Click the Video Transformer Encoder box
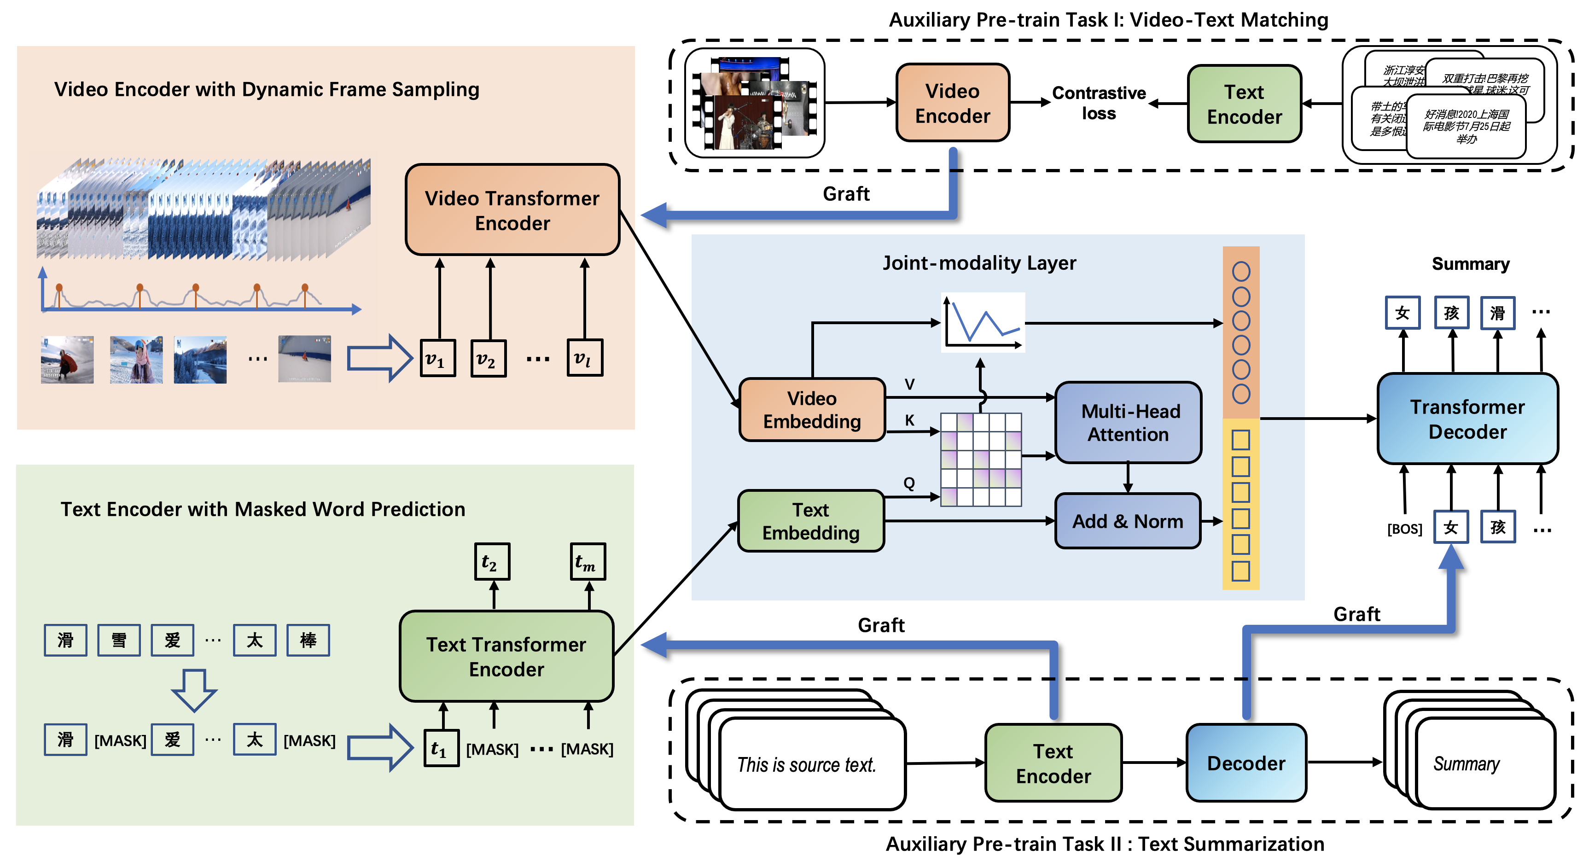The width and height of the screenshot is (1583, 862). pyautogui.click(x=512, y=210)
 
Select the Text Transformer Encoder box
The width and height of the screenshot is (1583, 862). pyautogui.click(x=506, y=656)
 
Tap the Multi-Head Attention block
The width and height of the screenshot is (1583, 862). pyautogui.click(x=1128, y=422)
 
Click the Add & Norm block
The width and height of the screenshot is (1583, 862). pyautogui.click(x=1127, y=521)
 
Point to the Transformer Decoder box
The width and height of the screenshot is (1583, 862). pyautogui.click(x=1467, y=419)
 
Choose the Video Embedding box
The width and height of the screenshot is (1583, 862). pyautogui.click(x=812, y=409)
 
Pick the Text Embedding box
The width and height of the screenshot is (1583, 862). pyautogui.click(x=810, y=521)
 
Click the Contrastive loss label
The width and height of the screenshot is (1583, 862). pyautogui.click(x=1099, y=103)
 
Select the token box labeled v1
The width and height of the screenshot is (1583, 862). pyautogui.click(x=437, y=358)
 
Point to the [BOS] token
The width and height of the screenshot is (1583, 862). pyautogui.click(x=1404, y=529)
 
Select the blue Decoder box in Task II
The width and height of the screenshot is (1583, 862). pyautogui.click(x=1245, y=763)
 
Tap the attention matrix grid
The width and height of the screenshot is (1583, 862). pyautogui.click(x=981, y=459)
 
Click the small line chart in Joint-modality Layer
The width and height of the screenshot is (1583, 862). pyautogui.click(x=983, y=322)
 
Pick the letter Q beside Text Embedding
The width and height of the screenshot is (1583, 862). pyautogui.click(x=909, y=483)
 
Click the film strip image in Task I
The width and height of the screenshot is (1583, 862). pyautogui.click(x=755, y=103)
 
